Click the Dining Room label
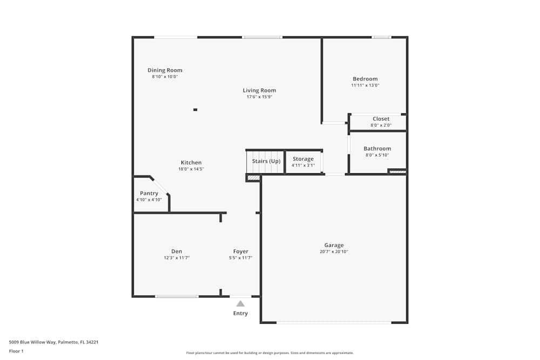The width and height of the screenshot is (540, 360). tap(165, 70)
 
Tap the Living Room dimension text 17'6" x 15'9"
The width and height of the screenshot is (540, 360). tap(259, 97)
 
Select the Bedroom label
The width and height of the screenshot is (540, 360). tap(365, 79)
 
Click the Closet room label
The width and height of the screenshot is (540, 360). tap(381, 119)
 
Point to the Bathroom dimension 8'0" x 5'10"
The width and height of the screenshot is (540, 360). tap(377, 155)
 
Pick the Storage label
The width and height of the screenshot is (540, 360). tap(303, 159)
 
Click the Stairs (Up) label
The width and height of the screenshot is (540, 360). tap(266, 161)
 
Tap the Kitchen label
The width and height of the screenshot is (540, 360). tap(191, 162)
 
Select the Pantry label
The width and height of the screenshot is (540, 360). tap(149, 193)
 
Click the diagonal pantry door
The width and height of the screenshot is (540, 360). tap(160, 186)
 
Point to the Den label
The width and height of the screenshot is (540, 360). tap(177, 252)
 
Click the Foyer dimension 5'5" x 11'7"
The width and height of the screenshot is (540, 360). tap(240, 258)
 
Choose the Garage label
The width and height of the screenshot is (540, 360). tap(334, 245)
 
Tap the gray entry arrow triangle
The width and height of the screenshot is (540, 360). tap(240, 303)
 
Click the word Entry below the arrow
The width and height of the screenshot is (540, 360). tap(240, 314)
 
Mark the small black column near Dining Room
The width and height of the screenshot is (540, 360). tap(195, 110)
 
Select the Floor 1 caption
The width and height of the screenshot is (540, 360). tap(16, 351)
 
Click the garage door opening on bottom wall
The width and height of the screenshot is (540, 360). tap(334, 323)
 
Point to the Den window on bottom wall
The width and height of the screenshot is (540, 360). tap(177, 296)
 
